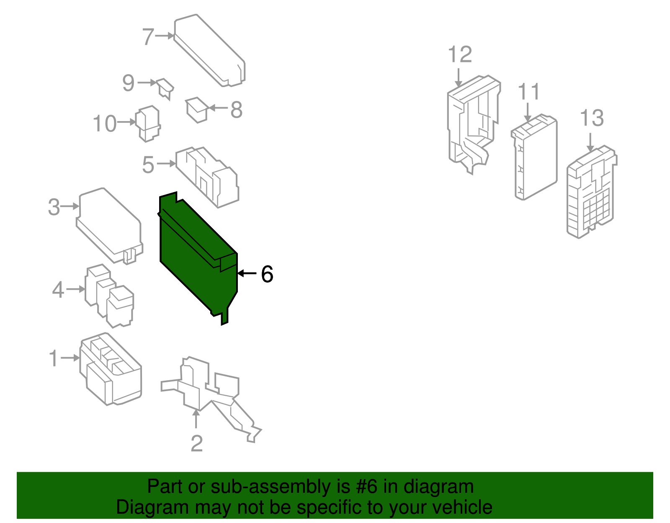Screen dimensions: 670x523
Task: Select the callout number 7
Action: tap(148, 37)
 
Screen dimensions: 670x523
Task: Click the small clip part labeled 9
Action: tap(165, 88)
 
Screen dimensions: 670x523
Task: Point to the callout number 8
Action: tap(237, 109)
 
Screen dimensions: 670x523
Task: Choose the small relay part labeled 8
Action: tap(196, 110)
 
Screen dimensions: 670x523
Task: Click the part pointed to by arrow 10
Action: tap(148, 123)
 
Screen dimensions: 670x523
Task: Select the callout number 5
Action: tap(148, 165)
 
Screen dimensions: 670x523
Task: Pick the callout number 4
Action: tap(58, 290)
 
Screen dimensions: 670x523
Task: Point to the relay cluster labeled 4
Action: tap(109, 296)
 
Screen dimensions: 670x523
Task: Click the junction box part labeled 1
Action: tap(111, 368)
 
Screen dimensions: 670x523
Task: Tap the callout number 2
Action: tap(197, 443)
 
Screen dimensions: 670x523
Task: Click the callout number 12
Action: tap(460, 54)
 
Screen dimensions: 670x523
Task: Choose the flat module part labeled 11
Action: tap(534, 157)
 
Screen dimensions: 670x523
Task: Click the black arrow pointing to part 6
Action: tap(247, 273)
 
